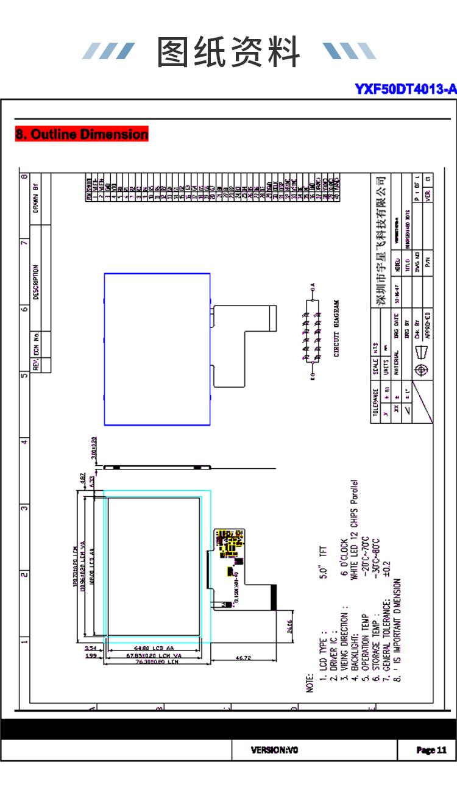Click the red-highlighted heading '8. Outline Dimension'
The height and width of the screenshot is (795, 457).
click(82, 134)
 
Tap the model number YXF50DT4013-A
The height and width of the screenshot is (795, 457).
click(405, 90)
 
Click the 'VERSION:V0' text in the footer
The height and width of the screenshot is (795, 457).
click(275, 750)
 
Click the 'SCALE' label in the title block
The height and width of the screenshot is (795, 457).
click(375, 366)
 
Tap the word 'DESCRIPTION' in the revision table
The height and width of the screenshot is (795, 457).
click(37, 282)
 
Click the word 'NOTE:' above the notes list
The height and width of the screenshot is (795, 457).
click(310, 682)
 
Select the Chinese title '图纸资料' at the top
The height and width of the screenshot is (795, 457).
click(228, 52)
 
